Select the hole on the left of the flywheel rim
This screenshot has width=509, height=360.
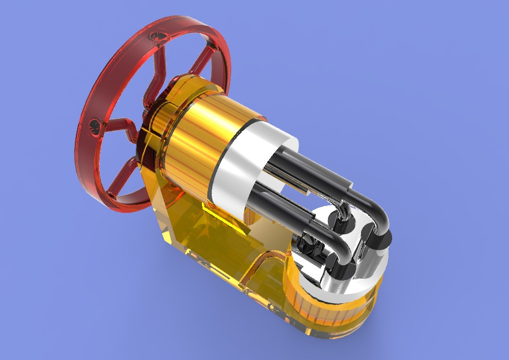coord(95,125)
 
